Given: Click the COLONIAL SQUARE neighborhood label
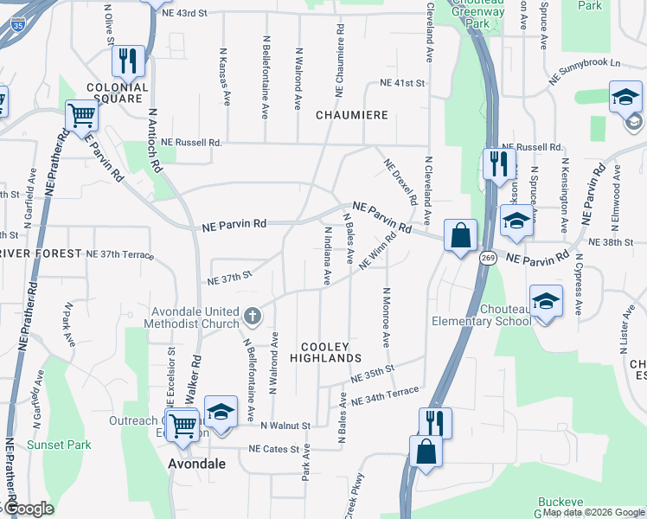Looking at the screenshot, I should pyautogui.click(x=117, y=93).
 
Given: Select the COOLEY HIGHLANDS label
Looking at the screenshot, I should pyautogui.click(x=325, y=351).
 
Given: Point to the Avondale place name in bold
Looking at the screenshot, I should pyautogui.click(x=196, y=464).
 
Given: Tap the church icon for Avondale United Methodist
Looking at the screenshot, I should pyautogui.click(x=252, y=316).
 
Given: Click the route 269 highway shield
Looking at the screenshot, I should pyautogui.click(x=489, y=258).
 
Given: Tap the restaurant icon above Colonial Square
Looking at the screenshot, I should pyautogui.click(x=127, y=60).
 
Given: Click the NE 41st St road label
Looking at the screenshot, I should pyautogui.click(x=403, y=84).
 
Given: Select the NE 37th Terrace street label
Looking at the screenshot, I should pyautogui.click(x=119, y=255).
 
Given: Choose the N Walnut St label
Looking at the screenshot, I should pyautogui.click(x=285, y=426).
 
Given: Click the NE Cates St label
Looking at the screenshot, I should pyautogui.click(x=279, y=449).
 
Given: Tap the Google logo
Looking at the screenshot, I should pyautogui.click(x=29, y=509).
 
